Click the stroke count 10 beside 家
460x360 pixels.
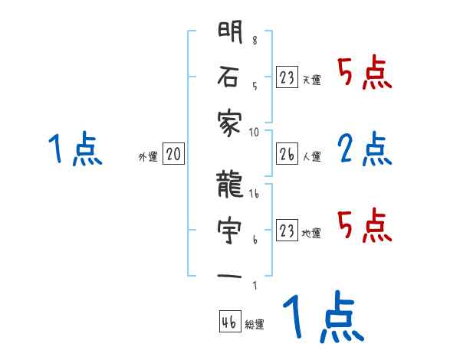tap(255, 132)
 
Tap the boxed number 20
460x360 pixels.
tap(173, 155)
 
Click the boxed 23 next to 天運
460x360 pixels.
tap(287, 78)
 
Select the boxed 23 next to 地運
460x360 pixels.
tap(287, 231)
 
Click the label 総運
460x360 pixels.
tap(255, 325)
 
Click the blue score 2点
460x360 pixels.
tap(365, 149)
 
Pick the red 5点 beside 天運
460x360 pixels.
tap(365, 74)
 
